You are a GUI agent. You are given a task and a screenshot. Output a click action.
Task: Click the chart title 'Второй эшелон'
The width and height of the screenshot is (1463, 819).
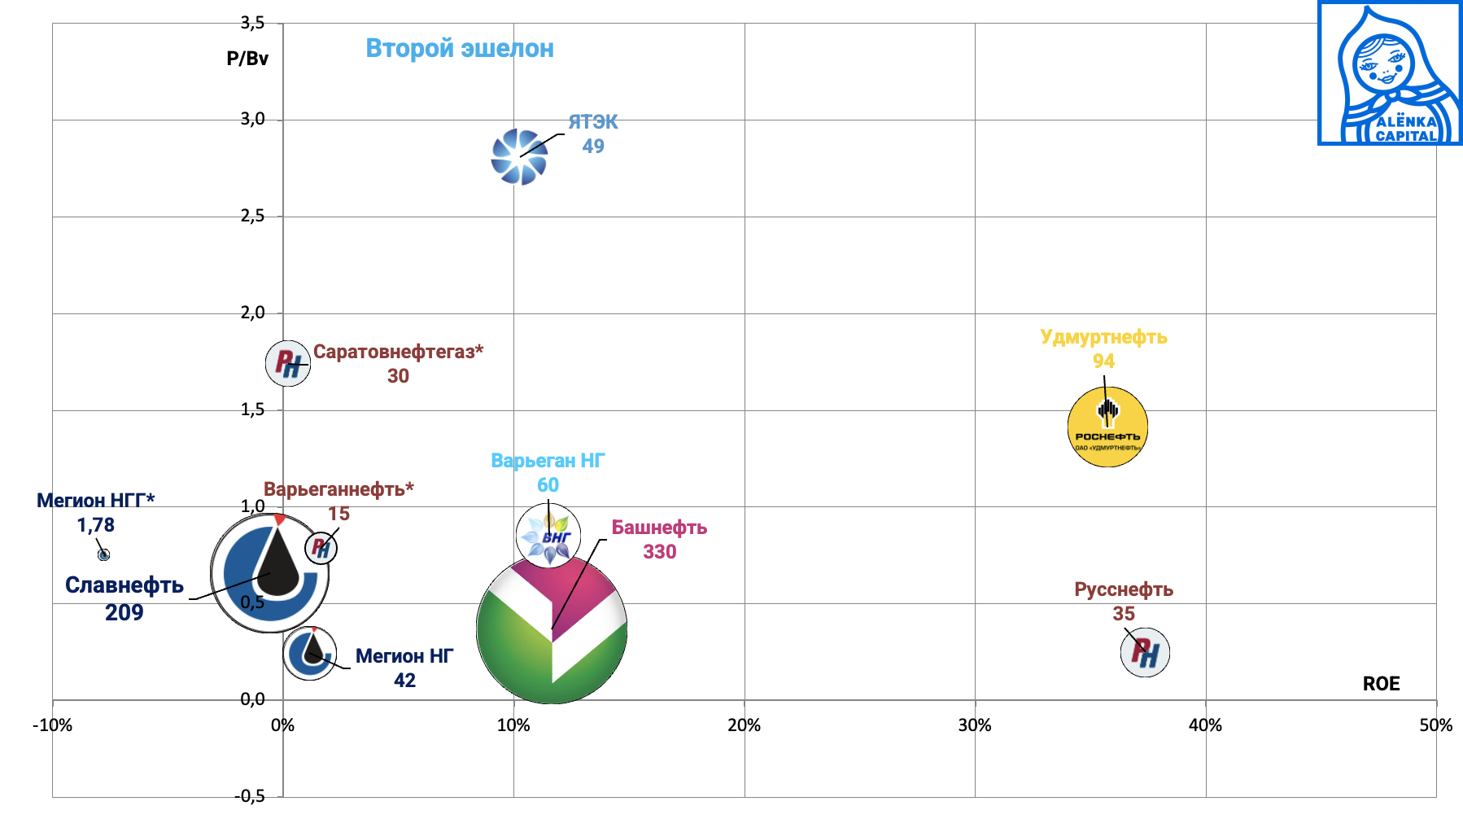click(460, 49)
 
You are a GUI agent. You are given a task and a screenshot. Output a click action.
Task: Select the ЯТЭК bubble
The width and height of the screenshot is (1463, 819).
click(519, 157)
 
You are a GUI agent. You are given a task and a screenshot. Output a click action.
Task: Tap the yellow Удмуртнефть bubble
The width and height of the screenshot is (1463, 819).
click(1107, 427)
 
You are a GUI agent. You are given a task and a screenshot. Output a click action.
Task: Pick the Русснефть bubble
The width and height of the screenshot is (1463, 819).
click(1145, 652)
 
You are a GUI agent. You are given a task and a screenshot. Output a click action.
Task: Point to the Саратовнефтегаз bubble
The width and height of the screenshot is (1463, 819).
click(287, 363)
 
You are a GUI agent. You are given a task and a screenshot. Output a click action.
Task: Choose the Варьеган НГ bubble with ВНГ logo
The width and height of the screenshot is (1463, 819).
click(548, 535)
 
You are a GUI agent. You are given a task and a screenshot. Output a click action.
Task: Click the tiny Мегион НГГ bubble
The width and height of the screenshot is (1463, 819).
click(103, 554)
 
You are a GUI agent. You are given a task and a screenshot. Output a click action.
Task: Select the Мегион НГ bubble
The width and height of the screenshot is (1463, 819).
click(310, 652)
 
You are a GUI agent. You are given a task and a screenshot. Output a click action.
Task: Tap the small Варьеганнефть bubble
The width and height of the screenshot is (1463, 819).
click(321, 548)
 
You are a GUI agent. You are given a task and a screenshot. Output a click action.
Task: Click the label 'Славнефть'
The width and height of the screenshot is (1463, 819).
click(124, 585)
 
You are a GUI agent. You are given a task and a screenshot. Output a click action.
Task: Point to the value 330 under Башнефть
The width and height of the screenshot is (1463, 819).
click(659, 552)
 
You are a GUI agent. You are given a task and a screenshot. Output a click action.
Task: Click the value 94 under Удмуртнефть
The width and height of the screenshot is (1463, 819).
click(1103, 361)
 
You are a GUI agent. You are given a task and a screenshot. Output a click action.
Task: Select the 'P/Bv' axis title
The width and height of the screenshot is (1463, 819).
click(247, 59)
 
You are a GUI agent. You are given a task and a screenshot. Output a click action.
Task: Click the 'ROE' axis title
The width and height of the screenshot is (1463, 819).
click(1381, 684)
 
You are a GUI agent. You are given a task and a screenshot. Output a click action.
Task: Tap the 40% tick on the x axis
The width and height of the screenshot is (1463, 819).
click(1205, 725)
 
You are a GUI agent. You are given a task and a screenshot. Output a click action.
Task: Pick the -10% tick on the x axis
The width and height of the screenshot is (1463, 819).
click(52, 725)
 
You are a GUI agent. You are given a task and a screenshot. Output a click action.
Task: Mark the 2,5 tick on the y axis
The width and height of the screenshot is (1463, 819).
click(252, 217)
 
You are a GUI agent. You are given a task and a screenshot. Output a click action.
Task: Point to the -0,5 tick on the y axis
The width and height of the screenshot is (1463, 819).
click(250, 796)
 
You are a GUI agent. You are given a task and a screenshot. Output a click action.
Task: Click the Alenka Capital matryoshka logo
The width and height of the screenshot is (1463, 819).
click(1389, 73)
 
